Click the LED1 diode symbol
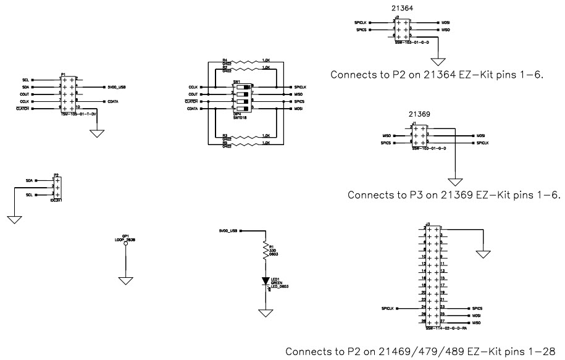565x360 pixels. (x=266, y=280)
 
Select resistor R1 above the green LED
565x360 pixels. (x=266, y=249)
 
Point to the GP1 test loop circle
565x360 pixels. (x=125, y=244)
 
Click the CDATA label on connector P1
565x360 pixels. (x=113, y=101)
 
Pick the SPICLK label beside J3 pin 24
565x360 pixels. (x=388, y=308)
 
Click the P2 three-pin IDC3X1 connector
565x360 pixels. (x=56, y=187)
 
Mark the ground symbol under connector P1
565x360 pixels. (x=97, y=133)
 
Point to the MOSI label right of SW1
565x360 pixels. (x=298, y=109)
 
